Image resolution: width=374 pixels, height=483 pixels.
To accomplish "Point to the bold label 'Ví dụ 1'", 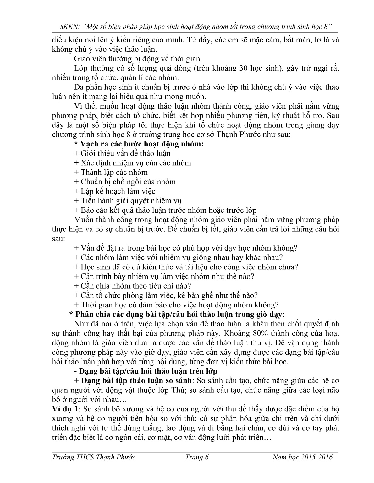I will click(x=65, y=409).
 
